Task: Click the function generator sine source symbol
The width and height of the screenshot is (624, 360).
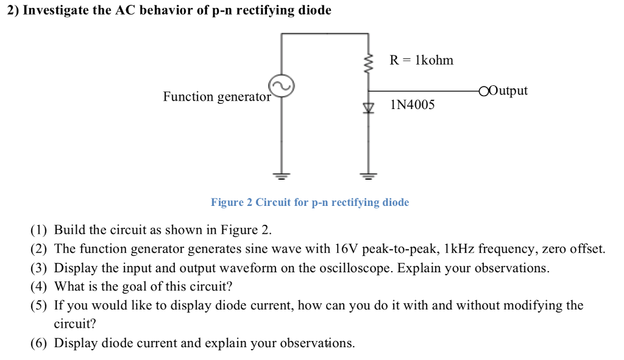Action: [x=282, y=86]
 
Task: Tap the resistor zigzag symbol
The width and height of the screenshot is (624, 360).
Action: [x=368, y=62]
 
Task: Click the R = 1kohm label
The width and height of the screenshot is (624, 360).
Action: [x=422, y=60]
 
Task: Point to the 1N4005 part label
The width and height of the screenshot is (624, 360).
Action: [x=413, y=105]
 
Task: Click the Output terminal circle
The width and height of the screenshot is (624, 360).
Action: [x=484, y=92]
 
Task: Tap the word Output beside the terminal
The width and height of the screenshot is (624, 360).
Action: [x=508, y=91]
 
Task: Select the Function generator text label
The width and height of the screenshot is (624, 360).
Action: [x=216, y=97]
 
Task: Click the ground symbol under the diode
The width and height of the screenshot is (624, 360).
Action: [x=368, y=176]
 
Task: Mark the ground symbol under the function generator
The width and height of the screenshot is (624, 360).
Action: [x=282, y=176]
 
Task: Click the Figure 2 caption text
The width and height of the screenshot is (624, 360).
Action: [x=310, y=202]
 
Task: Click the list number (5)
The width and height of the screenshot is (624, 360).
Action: [x=39, y=306]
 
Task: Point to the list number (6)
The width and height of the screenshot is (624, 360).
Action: [x=39, y=344]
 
